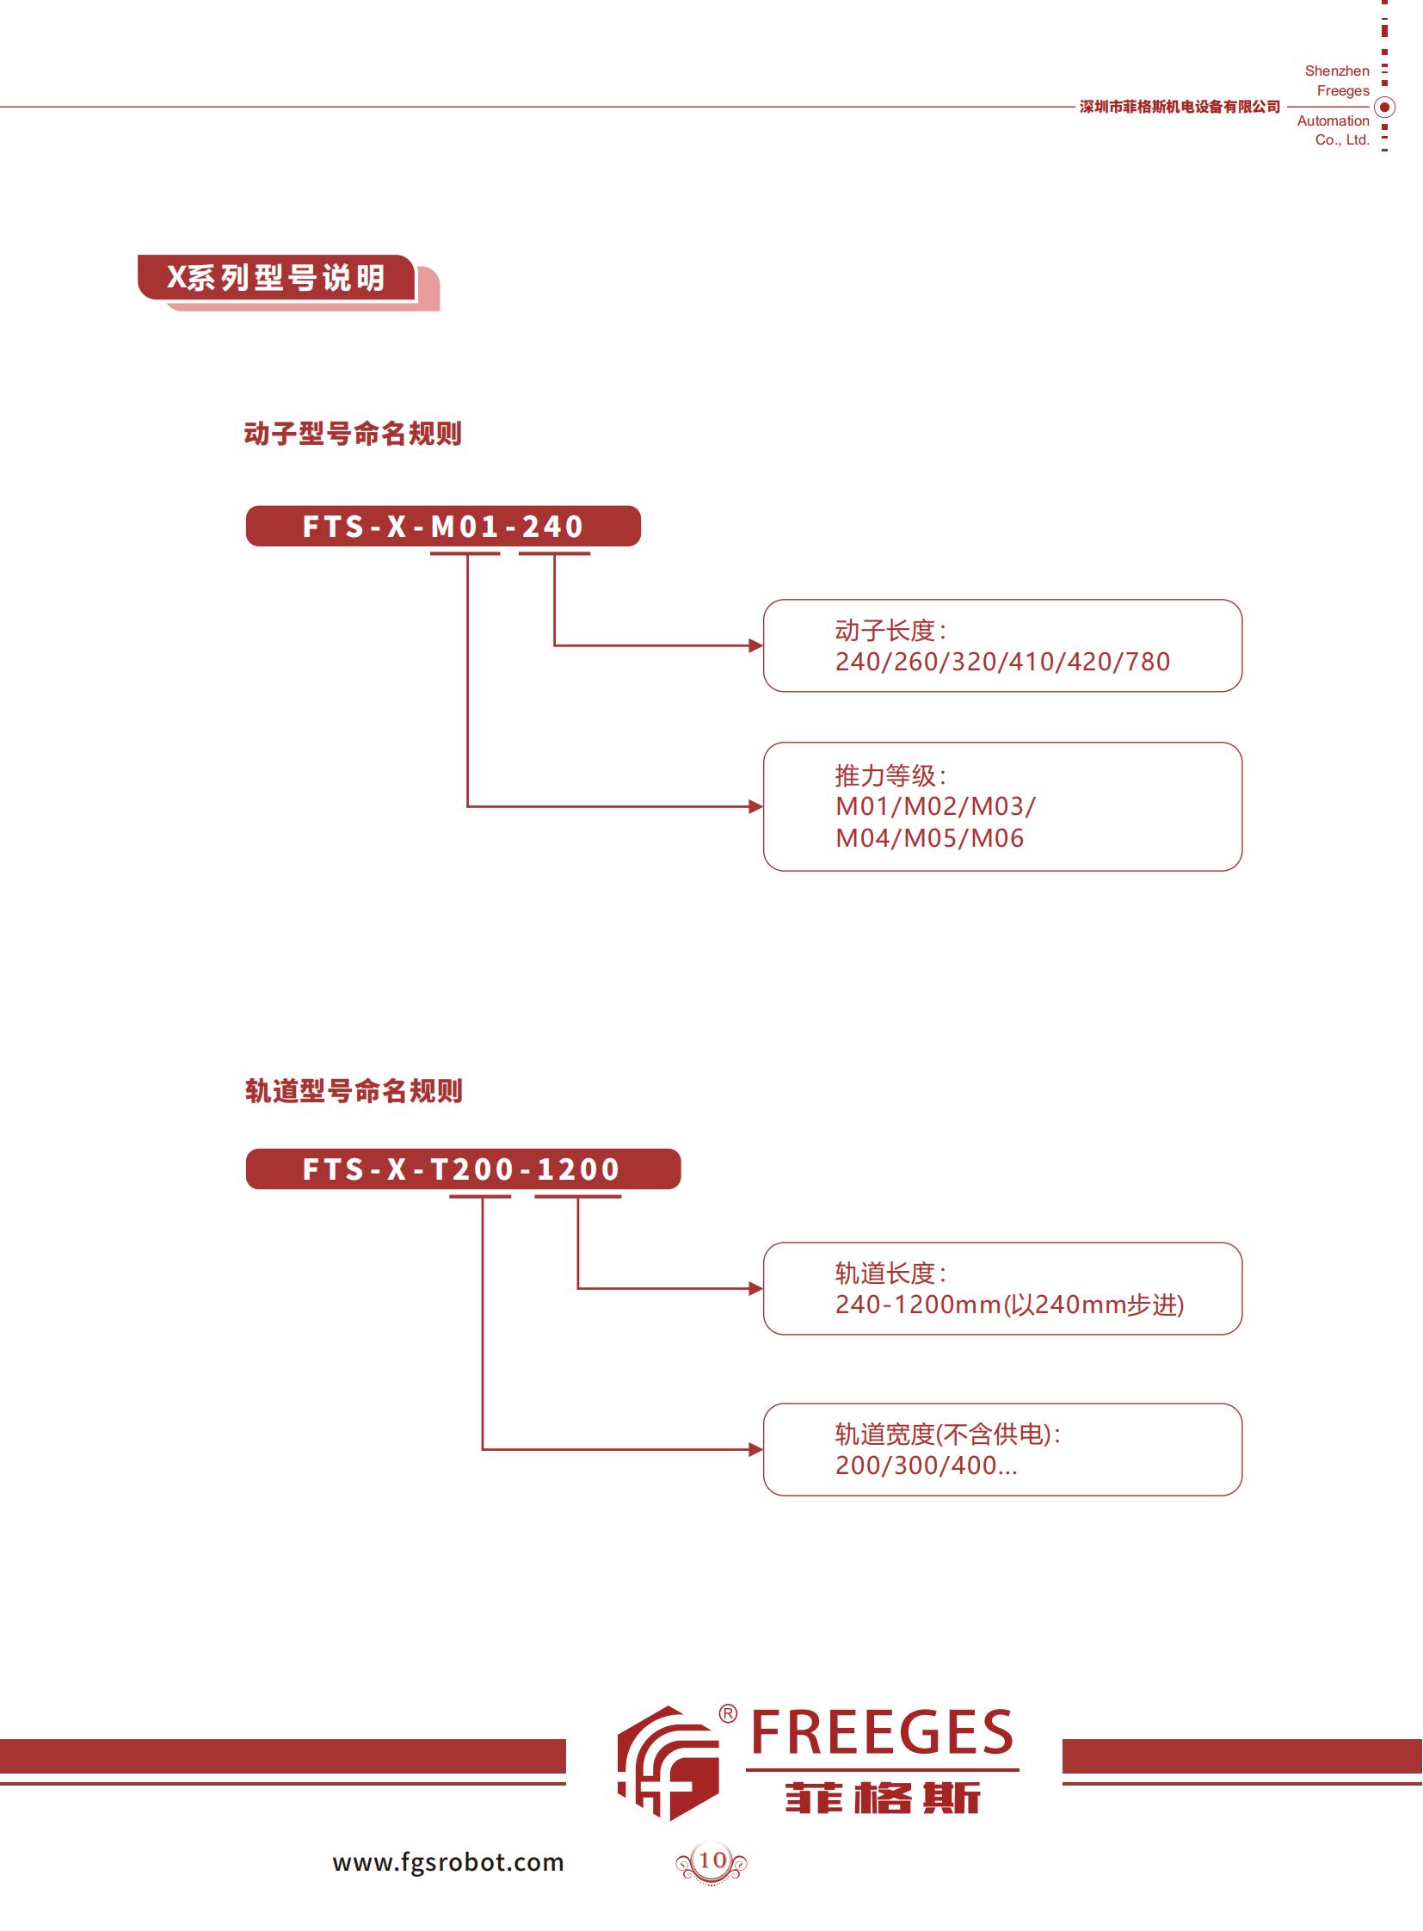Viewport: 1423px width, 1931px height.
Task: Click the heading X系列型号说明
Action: pos(275,277)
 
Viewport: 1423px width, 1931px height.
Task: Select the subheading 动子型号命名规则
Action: pos(352,434)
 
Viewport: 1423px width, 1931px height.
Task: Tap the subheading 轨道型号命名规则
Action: pos(353,1091)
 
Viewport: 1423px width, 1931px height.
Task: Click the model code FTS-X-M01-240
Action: pos(443,527)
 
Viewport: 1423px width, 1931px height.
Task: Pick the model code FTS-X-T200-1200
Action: pos(462,1169)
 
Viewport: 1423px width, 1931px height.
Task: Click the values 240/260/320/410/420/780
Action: pos(1001,662)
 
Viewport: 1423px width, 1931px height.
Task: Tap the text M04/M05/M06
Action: pos(929,838)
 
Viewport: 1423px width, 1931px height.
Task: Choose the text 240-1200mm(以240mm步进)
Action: pos(1008,1305)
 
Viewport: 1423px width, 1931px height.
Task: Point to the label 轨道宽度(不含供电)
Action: pos(946,1434)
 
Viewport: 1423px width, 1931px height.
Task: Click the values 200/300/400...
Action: pos(925,1465)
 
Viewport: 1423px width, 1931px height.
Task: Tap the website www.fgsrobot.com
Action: pos(448,1863)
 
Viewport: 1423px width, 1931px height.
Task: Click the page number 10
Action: pos(711,1860)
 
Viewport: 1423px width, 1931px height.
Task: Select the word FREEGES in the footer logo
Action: pos(882,1733)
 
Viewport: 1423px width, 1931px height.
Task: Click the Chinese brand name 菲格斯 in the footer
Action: pos(882,1798)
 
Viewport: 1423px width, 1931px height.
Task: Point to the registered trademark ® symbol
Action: pos(728,1714)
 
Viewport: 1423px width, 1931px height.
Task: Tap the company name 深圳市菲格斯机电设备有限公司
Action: pos(1180,107)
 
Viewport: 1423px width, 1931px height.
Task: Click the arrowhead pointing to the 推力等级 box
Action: pos(755,806)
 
